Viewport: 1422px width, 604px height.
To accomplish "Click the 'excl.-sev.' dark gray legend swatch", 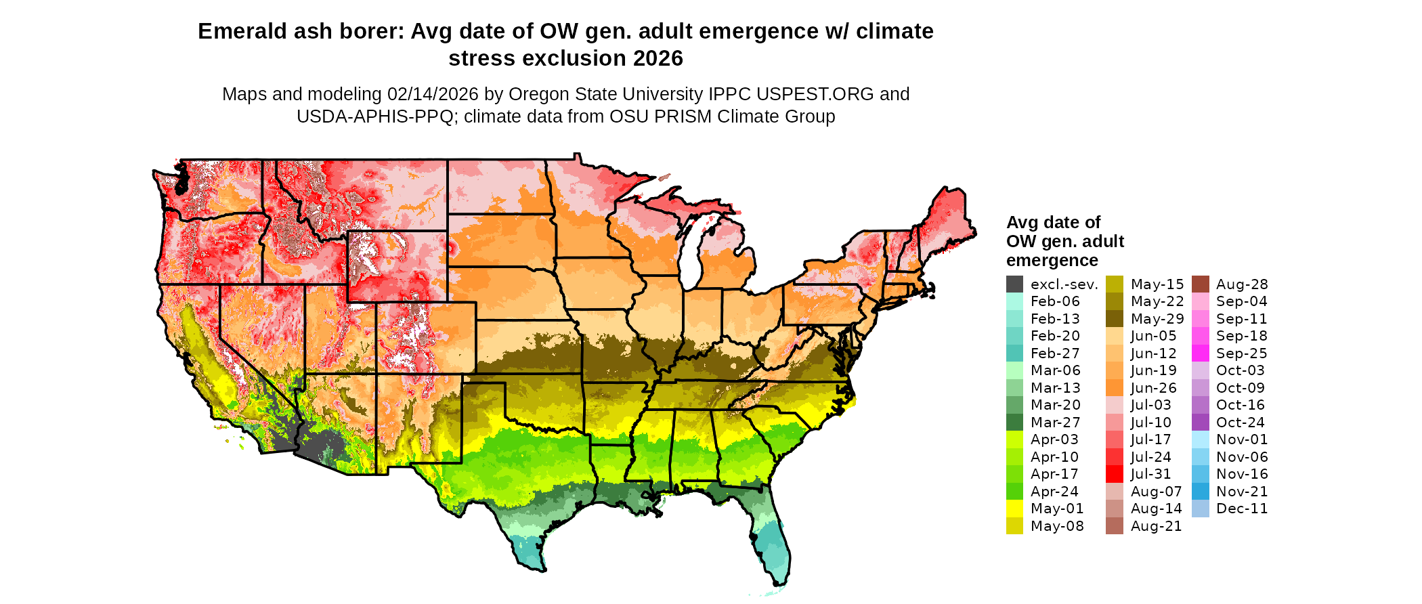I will click(1014, 284).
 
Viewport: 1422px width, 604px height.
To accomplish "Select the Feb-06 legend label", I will click(1055, 301).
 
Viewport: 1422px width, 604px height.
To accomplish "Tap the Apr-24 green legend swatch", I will click(1014, 492).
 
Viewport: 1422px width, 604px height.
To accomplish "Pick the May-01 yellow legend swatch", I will click(1014, 509).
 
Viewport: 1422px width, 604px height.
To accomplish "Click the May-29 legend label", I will click(1157, 319).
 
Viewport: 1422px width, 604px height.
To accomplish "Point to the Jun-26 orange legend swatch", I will click(1115, 388).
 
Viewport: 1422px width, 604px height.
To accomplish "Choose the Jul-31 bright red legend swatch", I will click(1115, 474).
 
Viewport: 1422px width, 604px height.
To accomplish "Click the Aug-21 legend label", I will click(1156, 526).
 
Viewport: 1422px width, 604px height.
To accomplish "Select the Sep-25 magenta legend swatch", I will click(1200, 353).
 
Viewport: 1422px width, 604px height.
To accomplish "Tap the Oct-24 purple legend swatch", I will click(1200, 423).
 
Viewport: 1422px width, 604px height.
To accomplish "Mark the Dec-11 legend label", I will click(1242, 509).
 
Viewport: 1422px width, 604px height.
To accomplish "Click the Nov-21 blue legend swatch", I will click(1200, 492).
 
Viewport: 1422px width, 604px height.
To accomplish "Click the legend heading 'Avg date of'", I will click(1053, 223).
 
